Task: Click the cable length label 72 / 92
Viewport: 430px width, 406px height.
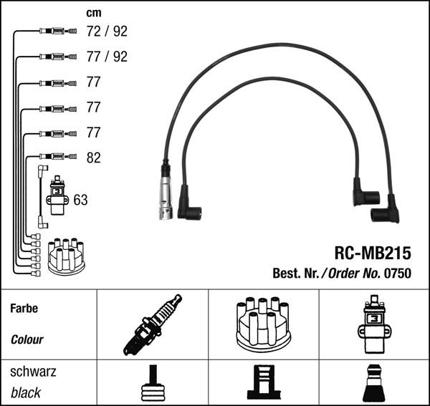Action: pos(106,31)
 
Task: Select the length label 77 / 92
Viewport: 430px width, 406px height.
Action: pos(106,57)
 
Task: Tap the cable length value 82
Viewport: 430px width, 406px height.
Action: pos(93,158)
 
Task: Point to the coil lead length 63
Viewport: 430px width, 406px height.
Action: pos(80,200)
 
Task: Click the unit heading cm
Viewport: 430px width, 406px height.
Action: pos(93,12)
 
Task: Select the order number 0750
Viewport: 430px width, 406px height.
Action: pos(398,272)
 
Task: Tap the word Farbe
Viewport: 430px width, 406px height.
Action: pos(24,309)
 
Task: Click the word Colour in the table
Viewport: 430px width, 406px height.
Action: pos(27,339)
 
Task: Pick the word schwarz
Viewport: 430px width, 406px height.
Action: pos(33,372)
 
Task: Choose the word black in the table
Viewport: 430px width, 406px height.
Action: pos(27,392)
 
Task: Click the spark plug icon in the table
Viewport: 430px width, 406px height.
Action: pos(153,325)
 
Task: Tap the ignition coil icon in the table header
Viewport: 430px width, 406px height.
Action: pos(373,324)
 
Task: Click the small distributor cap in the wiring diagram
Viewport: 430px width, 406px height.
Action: pos(66,256)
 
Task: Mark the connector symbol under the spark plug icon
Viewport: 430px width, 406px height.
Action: pos(153,385)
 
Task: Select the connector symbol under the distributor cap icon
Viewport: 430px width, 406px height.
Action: pos(262,385)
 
